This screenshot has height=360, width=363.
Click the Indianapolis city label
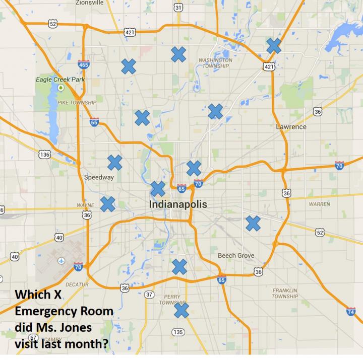178,205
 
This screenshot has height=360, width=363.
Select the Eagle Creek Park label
60,80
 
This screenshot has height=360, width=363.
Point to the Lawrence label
291,127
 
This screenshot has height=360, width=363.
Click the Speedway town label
99,177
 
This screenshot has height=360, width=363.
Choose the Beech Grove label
236,256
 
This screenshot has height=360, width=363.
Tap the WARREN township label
320,204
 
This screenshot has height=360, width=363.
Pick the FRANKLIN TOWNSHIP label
285,294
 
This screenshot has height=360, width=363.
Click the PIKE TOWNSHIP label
77,102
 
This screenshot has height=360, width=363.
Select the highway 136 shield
45,154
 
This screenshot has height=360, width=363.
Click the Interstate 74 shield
351,312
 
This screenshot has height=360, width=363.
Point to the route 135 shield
177,332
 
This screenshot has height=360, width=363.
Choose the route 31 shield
178,8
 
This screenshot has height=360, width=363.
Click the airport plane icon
62,261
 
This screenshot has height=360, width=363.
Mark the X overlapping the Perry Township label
181,310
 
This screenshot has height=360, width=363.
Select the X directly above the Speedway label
114,162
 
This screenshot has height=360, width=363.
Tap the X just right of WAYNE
107,203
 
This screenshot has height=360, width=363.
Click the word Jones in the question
74,327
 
